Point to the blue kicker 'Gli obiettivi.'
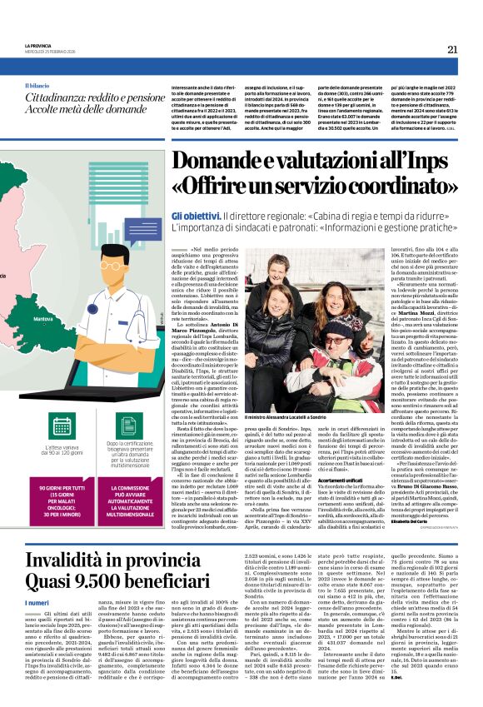point(197,215)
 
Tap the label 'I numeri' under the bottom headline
point(37,602)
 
